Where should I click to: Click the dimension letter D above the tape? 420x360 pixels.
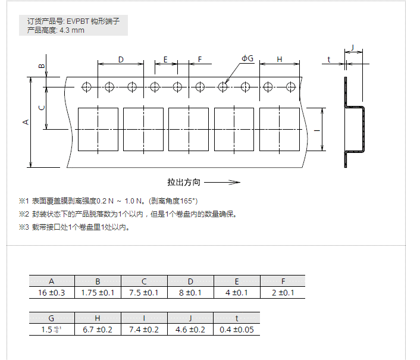pyautogui.click(x=121, y=60)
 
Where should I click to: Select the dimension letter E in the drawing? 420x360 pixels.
pyautogui.click(x=165, y=60)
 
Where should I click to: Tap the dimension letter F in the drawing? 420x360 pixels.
pyautogui.click(x=200, y=60)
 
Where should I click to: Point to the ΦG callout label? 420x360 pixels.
pyautogui.click(x=247, y=58)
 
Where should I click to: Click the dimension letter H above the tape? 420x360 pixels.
pyautogui.click(x=279, y=60)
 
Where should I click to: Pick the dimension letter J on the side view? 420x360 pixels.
pyautogui.click(x=353, y=47)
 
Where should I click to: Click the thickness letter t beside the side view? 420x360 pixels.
pyautogui.click(x=329, y=60)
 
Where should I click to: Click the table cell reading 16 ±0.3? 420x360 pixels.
pyautogui.click(x=52, y=293)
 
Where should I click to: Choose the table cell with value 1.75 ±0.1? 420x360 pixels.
pyautogui.click(x=98, y=293)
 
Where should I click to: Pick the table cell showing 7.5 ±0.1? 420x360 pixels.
pyautogui.click(x=144, y=293)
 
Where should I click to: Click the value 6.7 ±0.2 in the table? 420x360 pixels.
pyautogui.click(x=98, y=330)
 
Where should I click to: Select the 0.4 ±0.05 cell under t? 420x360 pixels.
pyautogui.click(x=236, y=330)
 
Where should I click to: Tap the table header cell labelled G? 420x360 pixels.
pyautogui.click(x=52, y=318)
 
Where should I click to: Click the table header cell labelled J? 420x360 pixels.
pyautogui.click(x=190, y=318)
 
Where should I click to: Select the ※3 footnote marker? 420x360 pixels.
pyautogui.click(x=24, y=227)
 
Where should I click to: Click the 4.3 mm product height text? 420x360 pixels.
pyautogui.click(x=72, y=30)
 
